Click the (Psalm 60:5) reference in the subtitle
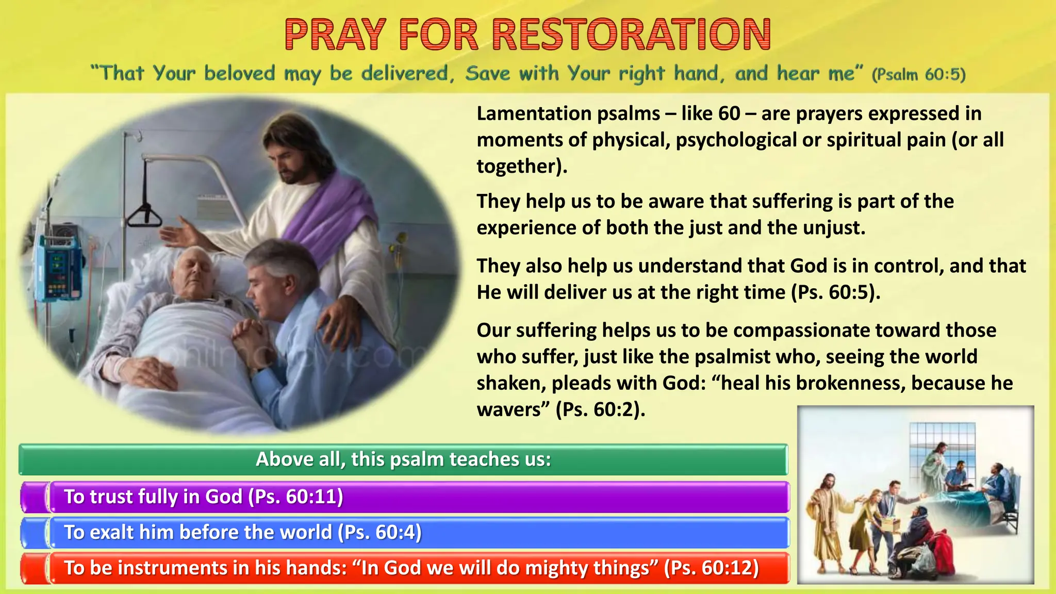click(x=918, y=74)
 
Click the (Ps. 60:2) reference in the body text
click(x=600, y=409)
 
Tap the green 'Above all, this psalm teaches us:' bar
click(x=403, y=459)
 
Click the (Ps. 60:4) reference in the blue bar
click(x=379, y=532)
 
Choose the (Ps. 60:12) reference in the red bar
click(x=711, y=568)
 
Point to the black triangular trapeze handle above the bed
click(x=145, y=216)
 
